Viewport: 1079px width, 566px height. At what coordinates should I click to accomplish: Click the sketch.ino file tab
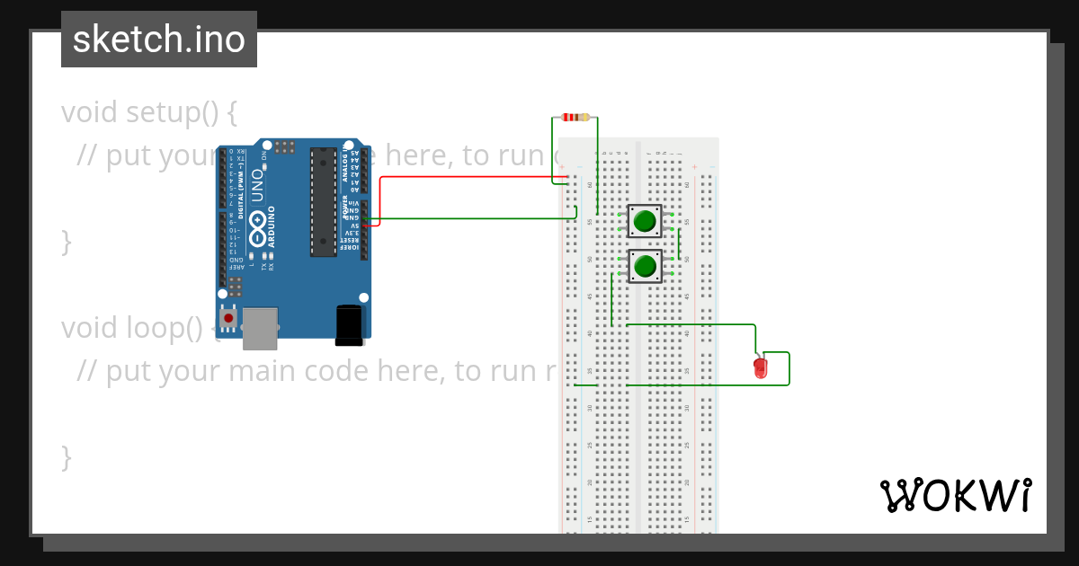(158, 40)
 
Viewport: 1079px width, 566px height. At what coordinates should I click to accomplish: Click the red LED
(761, 367)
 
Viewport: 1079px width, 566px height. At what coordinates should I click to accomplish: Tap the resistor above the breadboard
(575, 117)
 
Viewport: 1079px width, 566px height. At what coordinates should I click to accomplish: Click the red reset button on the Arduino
(228, 318)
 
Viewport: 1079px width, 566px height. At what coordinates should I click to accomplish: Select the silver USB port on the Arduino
(260, 328)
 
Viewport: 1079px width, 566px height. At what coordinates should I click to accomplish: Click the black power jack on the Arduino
(349, 324)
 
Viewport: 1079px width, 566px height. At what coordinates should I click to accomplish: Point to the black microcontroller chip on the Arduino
(324, 202)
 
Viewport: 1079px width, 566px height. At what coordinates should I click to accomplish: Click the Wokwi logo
(955, 495)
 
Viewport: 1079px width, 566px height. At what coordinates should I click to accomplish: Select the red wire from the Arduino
(468, 177)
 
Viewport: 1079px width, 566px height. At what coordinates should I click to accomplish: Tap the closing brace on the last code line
(66, 456)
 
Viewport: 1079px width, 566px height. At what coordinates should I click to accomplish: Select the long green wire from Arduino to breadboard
(468, 218)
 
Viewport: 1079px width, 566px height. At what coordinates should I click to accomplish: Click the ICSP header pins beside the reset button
(235, 287)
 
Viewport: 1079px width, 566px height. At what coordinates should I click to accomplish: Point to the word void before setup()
(90, 112)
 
